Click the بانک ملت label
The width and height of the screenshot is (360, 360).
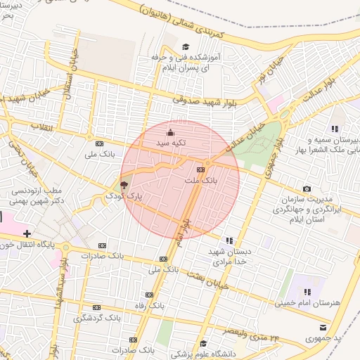point(201,181)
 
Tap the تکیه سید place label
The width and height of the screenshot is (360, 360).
point(170,143)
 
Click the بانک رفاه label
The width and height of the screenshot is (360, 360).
point(149,307)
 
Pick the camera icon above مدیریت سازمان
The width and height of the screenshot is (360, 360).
point(307,188)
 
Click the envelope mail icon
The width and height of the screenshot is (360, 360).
point(323,327)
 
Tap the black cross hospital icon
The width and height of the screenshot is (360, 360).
point(27,233)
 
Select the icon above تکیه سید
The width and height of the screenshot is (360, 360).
point(169,132)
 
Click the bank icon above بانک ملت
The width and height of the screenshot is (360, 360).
point(200,169)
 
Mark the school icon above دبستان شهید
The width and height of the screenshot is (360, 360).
point(228,240)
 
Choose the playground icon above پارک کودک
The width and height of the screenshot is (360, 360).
point(124,186)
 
